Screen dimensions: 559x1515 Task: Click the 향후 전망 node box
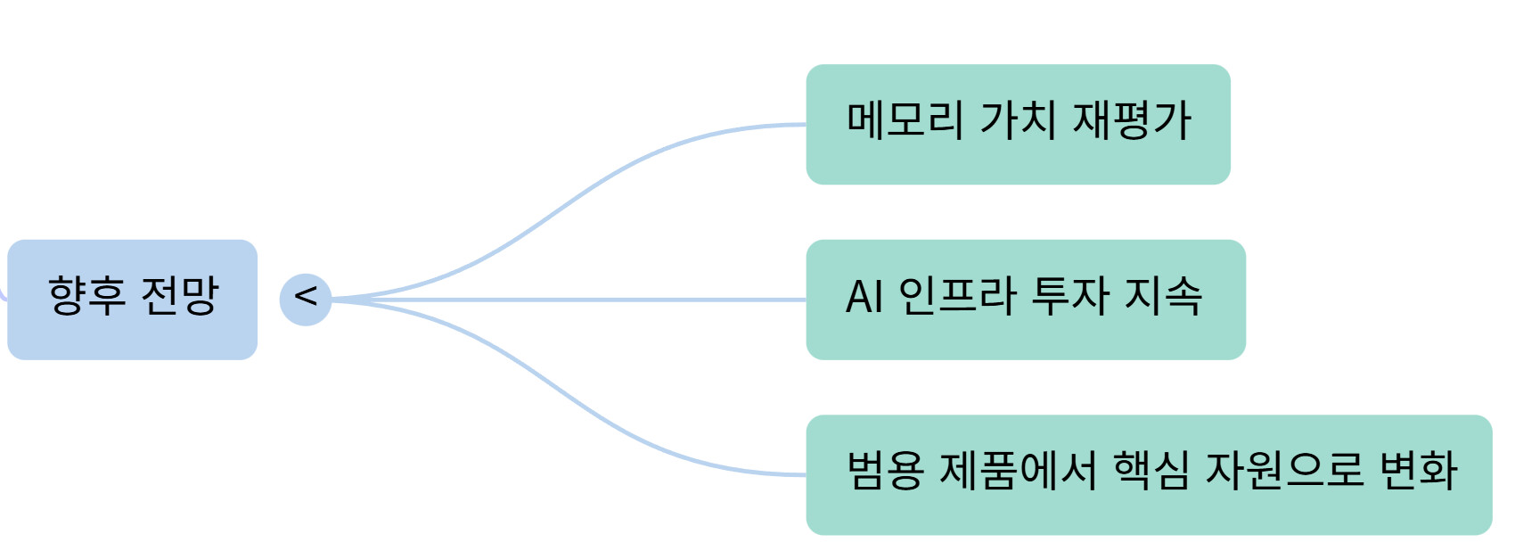tap(132, 299)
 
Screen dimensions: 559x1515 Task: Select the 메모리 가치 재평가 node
tap(1018, 124)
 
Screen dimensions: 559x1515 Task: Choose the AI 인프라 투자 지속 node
tap(1025, 300)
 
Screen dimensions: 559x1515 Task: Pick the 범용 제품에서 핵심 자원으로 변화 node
tap(1149, 474)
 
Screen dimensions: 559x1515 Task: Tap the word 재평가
tap(1132, 120)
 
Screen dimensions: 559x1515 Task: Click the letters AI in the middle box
tap(864, 297)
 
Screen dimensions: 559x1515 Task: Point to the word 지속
tap(1163, 296)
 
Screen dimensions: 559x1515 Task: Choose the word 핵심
tap(1151, 471)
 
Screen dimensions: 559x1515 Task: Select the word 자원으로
tap(1283, 471)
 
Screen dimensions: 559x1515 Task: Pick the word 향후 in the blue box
tap(86, 296)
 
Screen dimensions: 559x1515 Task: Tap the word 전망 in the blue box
tap(180, 296)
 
